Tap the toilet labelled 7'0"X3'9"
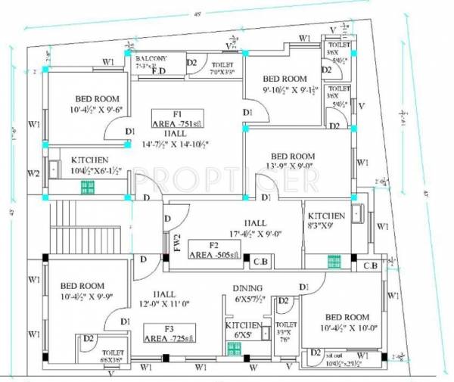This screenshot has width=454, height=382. [222, 73]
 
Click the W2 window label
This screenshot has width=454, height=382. [33, 173]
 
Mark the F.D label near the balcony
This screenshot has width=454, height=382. [158, 73]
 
